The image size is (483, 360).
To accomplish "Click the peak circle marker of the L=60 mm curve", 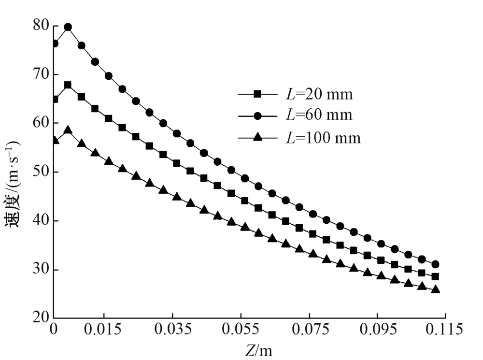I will (x=68, y=27).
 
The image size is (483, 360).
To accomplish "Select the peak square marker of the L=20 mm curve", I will (x=68, y=85).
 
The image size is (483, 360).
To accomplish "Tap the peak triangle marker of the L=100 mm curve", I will (x=68, y=130).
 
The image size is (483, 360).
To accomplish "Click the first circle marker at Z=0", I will (x=55, y=43).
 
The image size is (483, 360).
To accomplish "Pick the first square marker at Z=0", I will (x=55, y=99).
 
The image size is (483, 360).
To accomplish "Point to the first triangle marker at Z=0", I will (x=55, y=140).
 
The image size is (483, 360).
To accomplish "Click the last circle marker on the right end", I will (x=435, y=264).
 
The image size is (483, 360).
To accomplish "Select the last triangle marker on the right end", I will (x=435, y=289).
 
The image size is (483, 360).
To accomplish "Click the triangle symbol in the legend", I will (x=258, y=138).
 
